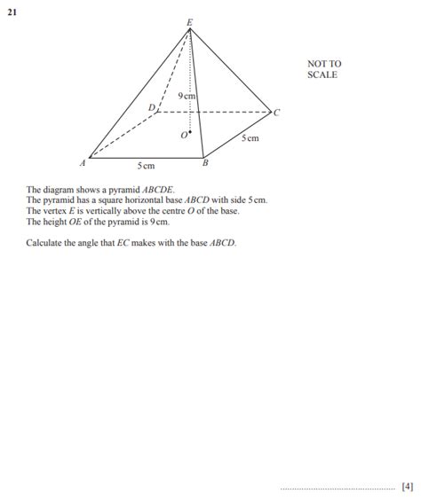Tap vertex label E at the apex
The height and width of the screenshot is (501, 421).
point(188,20)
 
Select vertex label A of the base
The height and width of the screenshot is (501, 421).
point(83,162)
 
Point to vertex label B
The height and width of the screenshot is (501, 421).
point(205,162)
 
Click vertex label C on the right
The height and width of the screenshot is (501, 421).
point(276,113)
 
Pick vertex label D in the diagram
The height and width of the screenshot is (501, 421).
point(151,107)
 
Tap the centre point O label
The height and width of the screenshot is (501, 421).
point(184,135)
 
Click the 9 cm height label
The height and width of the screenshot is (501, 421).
point(186,95)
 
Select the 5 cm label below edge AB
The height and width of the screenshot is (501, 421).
point(146,166)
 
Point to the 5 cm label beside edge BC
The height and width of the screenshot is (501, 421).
point(250,138)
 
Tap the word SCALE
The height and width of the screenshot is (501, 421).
point(322,75)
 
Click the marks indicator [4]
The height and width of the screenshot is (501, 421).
point(407,485)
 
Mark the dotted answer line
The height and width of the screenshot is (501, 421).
point(338,487)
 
